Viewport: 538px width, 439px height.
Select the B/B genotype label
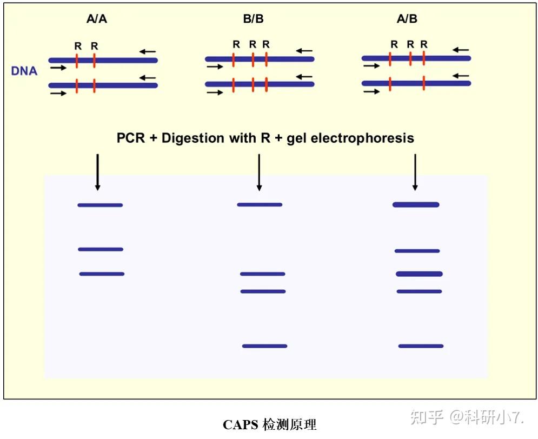tap(254, 19)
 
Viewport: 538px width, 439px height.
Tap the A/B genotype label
tap(407, 19)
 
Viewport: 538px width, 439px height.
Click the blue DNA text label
tap(24, 71)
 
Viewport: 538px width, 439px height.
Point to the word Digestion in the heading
tap(195, 138)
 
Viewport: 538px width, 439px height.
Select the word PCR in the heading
tap(131, 138)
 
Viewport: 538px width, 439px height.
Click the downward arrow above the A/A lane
tap(97, 172)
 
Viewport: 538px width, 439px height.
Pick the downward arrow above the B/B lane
tap(259, 172)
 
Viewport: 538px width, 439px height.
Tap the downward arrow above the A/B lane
tap(415, 172)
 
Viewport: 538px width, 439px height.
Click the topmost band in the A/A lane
tap(100, 205)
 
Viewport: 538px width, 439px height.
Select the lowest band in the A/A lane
tap(102, 274)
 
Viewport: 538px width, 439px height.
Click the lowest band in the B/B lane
tap(264, 346)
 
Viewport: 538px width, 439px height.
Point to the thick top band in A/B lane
tap(415, 204)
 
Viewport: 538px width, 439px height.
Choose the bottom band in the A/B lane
tap(421, 346)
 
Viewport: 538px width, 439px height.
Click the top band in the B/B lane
tap(260, 204)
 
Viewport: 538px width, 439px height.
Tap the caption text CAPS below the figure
tap(241, 425)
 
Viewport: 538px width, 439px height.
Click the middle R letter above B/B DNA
tap(253, 44)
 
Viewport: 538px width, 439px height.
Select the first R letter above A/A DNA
tap(78, 46)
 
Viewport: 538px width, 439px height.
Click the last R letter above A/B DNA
tap(424, 44)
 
